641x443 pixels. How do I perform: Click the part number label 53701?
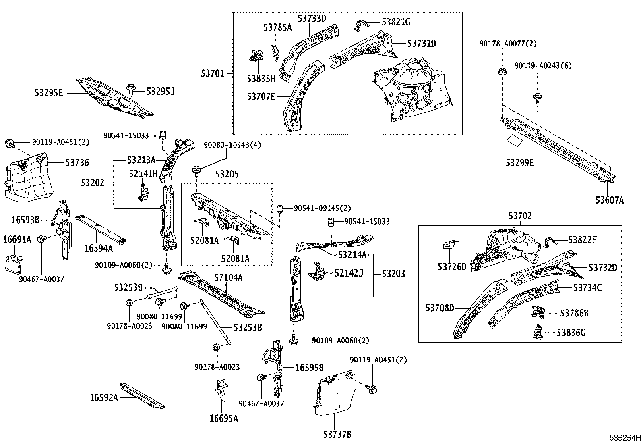213,73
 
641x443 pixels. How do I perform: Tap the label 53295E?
49,93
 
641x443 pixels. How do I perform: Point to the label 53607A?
610,200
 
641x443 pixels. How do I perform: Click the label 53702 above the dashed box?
520,216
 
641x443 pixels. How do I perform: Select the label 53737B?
337,435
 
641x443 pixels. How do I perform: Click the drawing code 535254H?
624,437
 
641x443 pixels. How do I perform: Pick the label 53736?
77,163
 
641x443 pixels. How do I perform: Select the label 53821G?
396,22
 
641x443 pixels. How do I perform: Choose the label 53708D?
440,308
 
